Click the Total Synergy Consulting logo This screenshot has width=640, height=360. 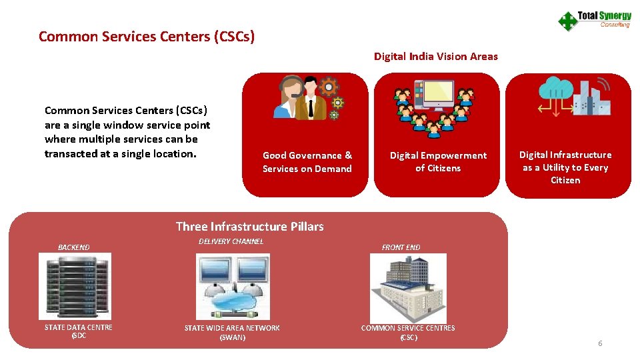coord(594,20)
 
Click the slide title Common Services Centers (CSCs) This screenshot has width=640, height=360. coord(147,36)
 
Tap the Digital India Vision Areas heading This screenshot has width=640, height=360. coord(435,57)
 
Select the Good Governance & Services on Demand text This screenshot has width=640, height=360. coord(307,162)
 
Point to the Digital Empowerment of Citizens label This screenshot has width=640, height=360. coord(438,162)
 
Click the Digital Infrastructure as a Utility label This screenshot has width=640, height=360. coord(565,167)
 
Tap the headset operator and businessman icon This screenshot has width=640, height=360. coord(309,98)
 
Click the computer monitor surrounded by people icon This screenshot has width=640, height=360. coord(433,105)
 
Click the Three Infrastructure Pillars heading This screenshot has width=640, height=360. coord(249,227)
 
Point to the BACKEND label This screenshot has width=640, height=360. coord(73,247)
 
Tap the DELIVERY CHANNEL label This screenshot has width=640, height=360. coord(231,241)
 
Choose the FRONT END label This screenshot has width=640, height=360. coord(401,247)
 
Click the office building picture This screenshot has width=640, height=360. coord(407,288)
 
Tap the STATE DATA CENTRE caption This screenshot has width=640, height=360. coord(78,331)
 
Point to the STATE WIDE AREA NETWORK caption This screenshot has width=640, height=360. coord(232,333)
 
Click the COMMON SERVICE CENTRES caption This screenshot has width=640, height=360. coord(408,333)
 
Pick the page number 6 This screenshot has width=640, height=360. coord(599,343)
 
